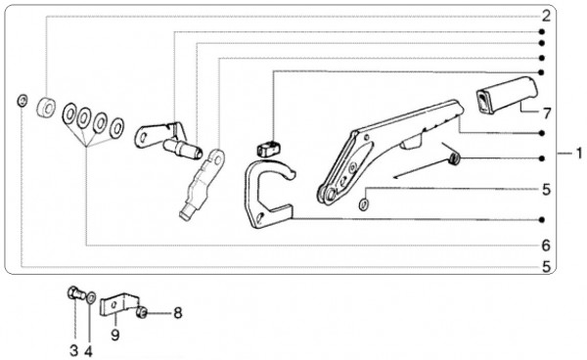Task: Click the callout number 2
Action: point(546,17)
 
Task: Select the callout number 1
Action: point(579,153)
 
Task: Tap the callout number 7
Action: point(547,113)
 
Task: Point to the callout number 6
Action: point(546,246)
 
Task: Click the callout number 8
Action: point(177,313)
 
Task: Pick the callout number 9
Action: point(115,335)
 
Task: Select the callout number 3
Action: point(74,351)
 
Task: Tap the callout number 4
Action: point(88,351)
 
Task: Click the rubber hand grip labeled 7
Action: point(507,94)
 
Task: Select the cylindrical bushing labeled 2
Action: point(46,108)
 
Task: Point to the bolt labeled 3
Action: point(76,292)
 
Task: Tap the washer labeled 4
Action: point(91,297)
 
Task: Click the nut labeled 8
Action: point(142,312)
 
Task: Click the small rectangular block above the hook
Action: point(268,148)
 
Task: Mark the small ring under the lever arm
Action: point(363,204)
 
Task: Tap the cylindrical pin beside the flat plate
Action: point(183,149)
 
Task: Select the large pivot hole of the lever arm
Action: point(331,195)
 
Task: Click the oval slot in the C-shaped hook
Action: point(261,218)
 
